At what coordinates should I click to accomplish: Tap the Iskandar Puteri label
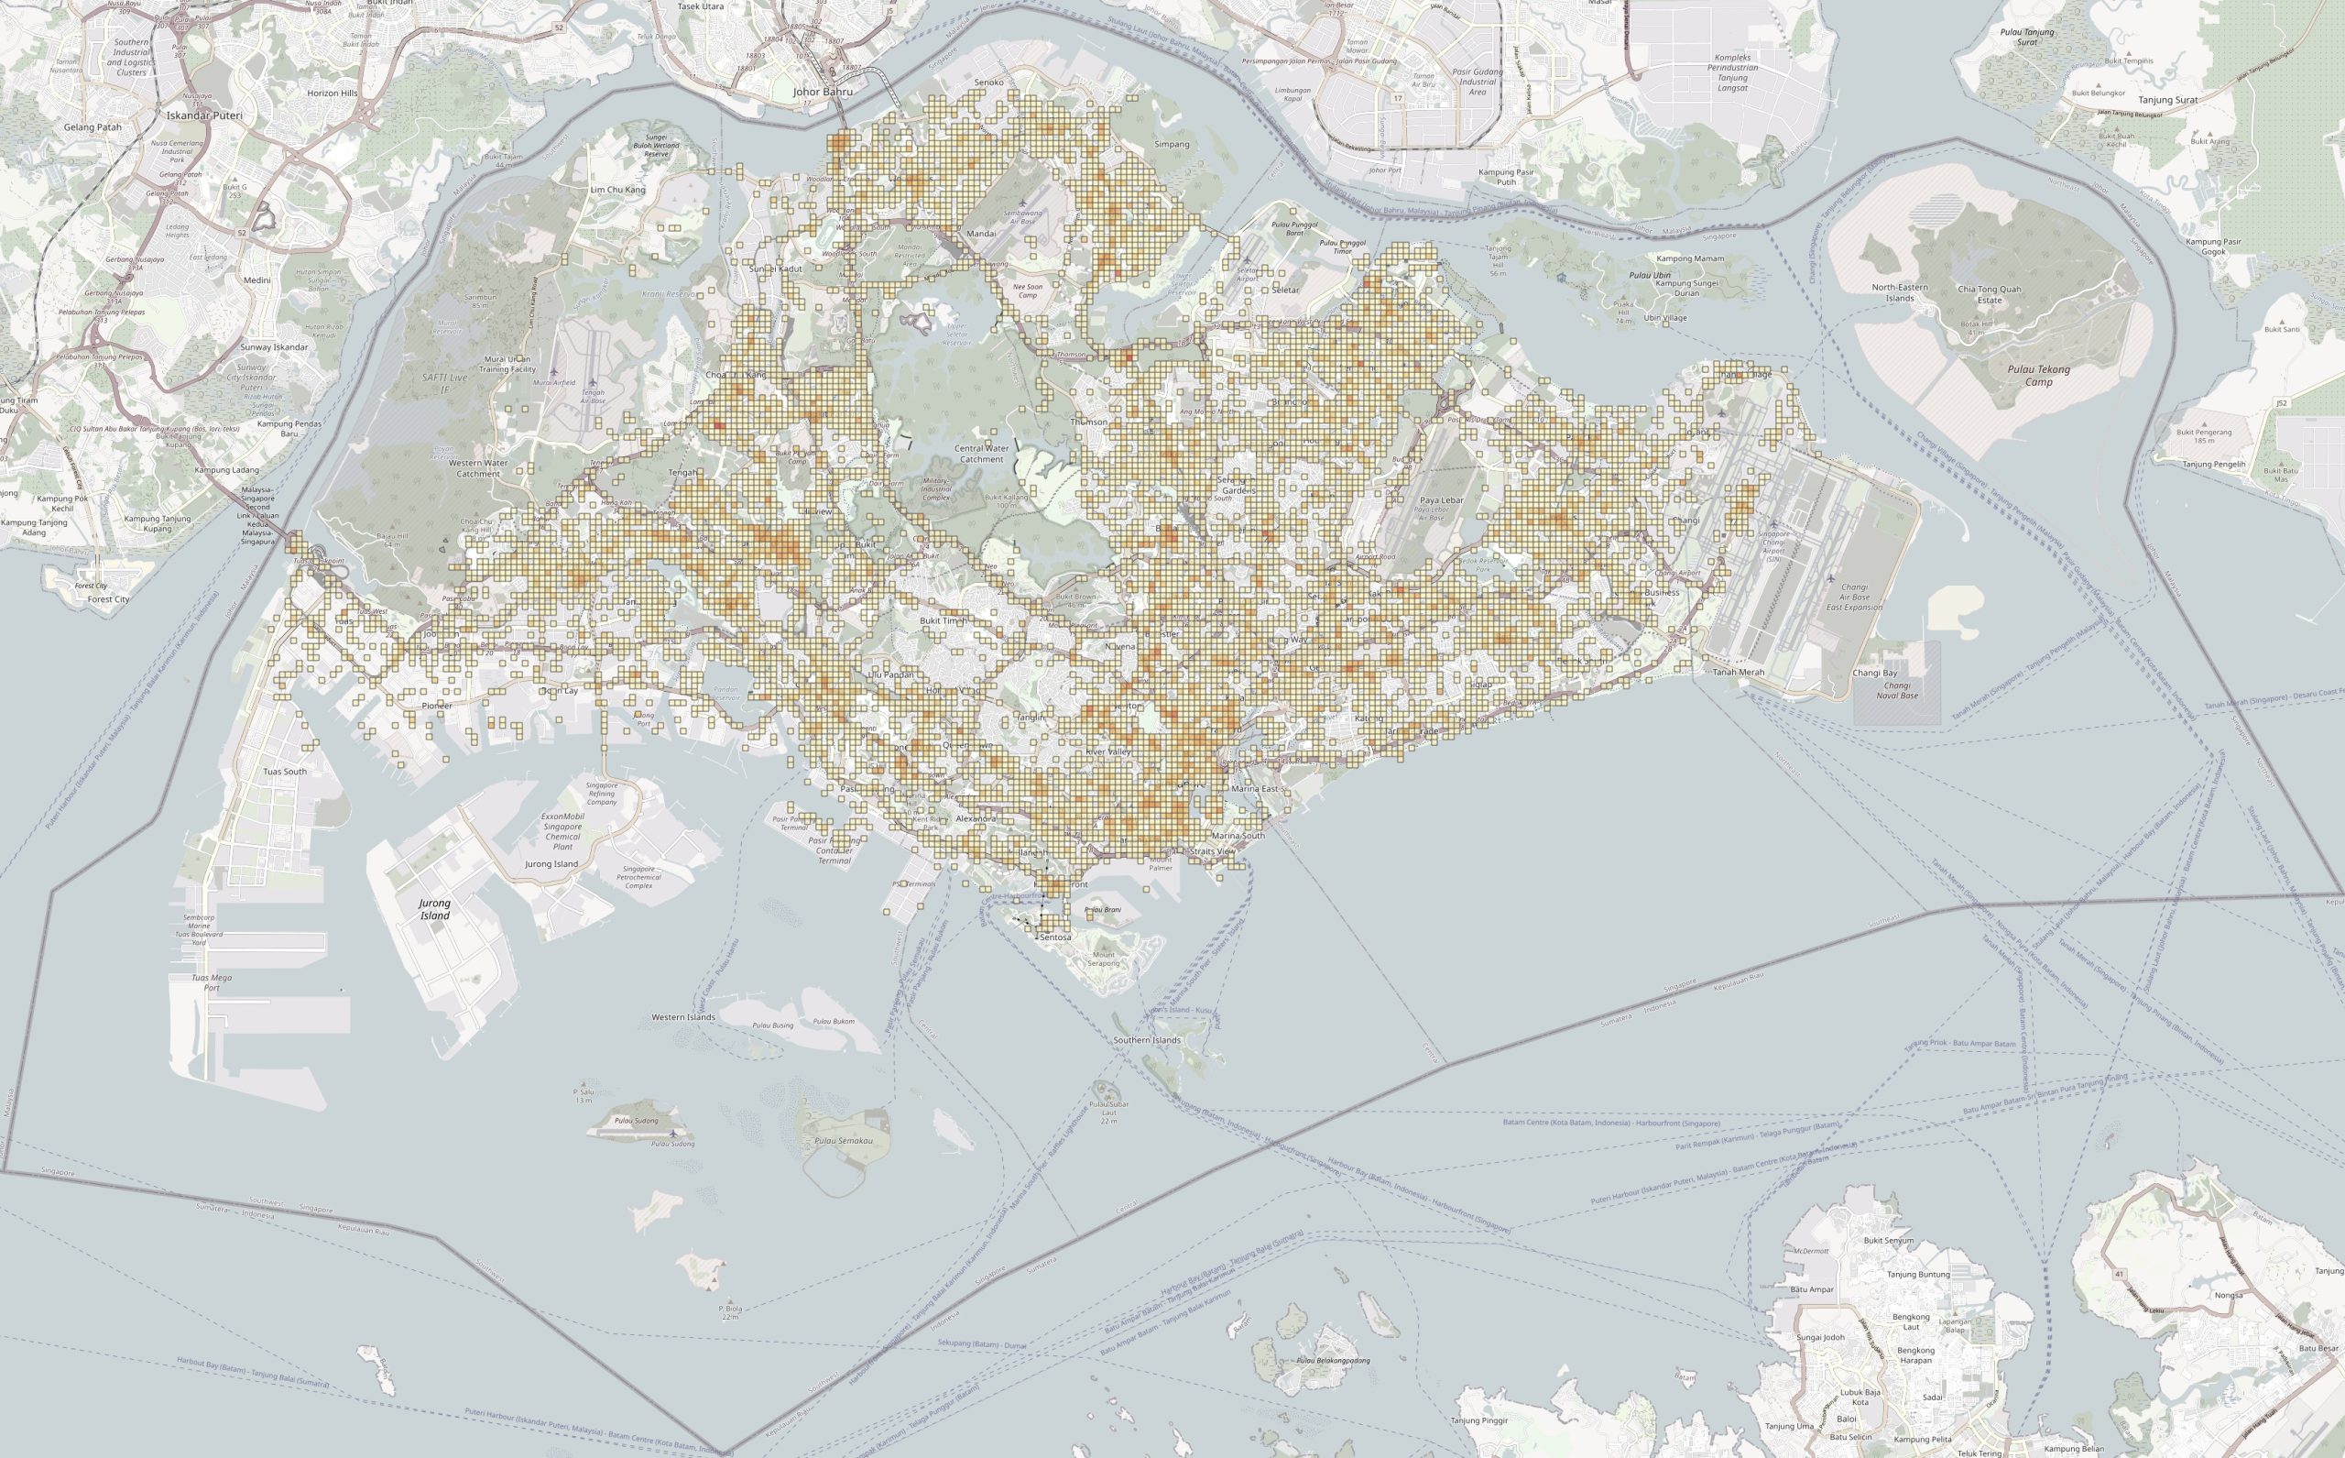pyautogui.click(x=204, y=115)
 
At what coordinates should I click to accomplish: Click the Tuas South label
pyautogui.click(x=285, y=772)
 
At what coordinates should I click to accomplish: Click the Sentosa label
pyautogui.click(x=1055, y=937)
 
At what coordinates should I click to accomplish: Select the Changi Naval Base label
pyautogui.click(x=1897, y=690)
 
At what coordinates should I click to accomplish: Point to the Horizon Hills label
pyautogui.click(x=333, y=93)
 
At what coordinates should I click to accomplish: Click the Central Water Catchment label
pyautogui.click(x=981, y=454)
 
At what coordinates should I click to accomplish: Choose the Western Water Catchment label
pyautogui.click(x=478, y=468)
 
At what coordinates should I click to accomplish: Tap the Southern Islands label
pyautogui.click(x=1147, y=1040)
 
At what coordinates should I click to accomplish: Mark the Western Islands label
pyautogui.click(x=683, y=1017)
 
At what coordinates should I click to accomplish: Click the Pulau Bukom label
pyautogui.click(x=834, y=1021)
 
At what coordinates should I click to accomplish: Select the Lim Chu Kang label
pyautogui.click(x=617, y=190)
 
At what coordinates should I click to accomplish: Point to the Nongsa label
pyautogui.click(x=2230, y=1295)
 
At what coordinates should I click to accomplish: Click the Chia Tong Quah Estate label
pyautogui.click(x=1990, y=294)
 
